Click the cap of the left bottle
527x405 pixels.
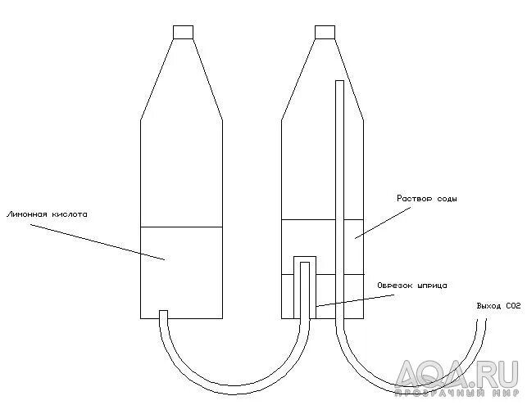click(184, 32)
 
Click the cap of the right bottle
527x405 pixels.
click(325, 32)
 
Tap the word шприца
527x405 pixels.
click(433, 285)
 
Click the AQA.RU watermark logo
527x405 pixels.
click(459, 379)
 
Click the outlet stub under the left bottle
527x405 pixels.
click(163, 315)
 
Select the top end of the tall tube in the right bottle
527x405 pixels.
click(339, 83)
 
